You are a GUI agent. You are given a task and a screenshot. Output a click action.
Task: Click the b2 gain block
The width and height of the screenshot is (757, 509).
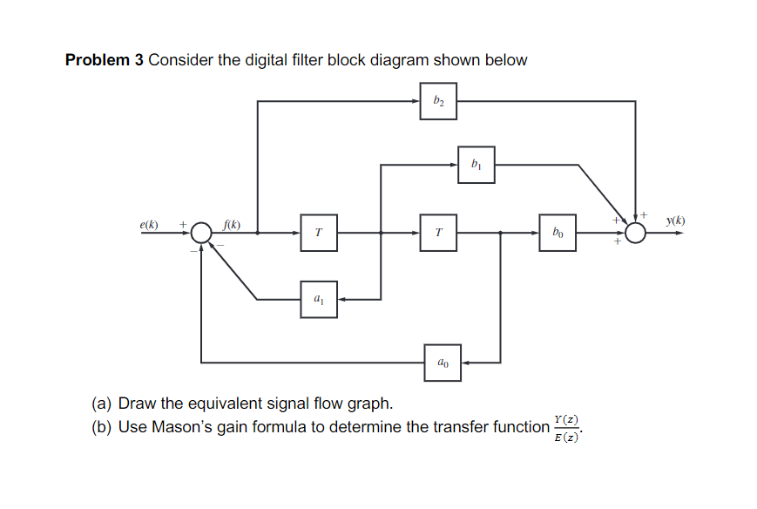click(438, 101)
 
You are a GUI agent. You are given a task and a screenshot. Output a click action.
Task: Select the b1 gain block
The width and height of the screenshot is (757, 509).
click(476, 164)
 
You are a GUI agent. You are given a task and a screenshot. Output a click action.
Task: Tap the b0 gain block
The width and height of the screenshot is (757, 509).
click(558, 234)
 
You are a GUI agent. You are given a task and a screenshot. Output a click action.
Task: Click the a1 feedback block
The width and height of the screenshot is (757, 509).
click(319, 299)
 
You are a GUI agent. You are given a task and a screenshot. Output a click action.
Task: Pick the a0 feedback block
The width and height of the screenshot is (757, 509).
click(443, 362)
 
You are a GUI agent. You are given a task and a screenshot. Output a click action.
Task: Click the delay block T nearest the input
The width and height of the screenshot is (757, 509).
click(319, 234)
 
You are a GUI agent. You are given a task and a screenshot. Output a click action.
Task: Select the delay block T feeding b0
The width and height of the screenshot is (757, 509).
click(438, 234)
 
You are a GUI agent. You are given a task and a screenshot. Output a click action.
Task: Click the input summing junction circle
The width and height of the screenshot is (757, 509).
click(201, 234)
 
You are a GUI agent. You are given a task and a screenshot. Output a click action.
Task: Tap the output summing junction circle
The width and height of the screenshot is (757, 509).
click(636, 234)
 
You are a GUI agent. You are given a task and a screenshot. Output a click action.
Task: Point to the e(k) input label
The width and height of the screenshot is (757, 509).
click(149, 224)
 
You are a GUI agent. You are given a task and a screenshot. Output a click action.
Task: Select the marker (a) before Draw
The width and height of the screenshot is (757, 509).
click(103, 404)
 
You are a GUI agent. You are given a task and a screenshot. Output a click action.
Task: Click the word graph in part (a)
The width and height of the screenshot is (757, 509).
click(372, 404)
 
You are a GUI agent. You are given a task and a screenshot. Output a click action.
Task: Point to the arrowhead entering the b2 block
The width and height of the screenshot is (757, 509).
click(416, 101)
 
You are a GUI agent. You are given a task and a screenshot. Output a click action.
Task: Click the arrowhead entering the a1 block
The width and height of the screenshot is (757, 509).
click(342, 299)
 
